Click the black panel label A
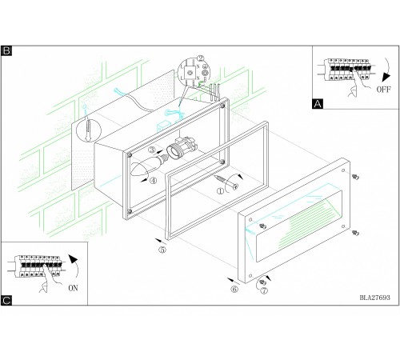click(318, 103)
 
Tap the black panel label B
click(6, 50)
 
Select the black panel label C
click(6, 300)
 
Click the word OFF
click(383, 90)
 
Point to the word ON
click(73, 288)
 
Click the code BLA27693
click(374, 298)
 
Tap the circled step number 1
click(220, 191)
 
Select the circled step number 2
click(200, 58)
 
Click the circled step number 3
click(152, 150)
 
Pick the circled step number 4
click(153, 181)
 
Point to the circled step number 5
click(162, 250)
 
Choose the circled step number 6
click(234, 289)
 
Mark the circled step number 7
click(264, 290)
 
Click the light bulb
click(150, 166)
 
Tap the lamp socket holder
click(182, 149)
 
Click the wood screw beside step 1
click(226, 182)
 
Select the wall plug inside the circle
click(88, 130)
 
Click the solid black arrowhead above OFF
click(386, 77)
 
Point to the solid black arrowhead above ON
click(73, 259)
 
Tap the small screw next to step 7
click(263, 282)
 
